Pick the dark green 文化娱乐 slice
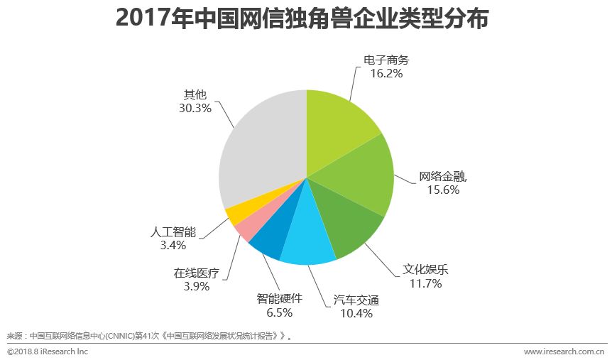pos(348,224)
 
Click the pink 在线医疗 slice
pos(248,226)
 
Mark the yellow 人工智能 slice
pos(237,212)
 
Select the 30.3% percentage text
pos(196,108)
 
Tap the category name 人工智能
pos(173,232)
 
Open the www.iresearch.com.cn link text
pos(564,351)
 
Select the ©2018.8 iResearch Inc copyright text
pos(48,351)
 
